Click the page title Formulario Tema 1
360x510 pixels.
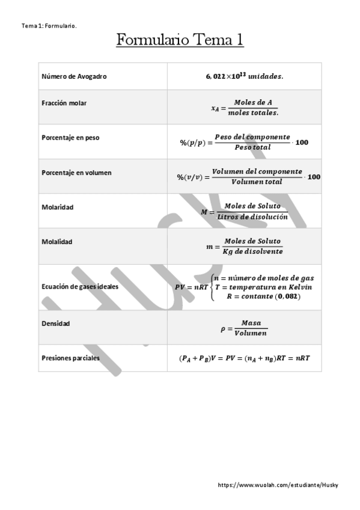(x=180, y=40)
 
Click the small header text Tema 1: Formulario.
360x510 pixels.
(x=49, y=26)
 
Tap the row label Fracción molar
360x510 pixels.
(x=64, y=103)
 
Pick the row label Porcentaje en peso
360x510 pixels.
(x=71, y=138)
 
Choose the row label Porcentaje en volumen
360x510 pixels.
(x=76, y=173)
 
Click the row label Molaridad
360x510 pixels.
(x=58, y=207)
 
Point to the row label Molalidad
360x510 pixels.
(x=57, y=242)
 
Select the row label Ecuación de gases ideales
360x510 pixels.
(x=80, y=287)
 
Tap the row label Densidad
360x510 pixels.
(x=56, y=324)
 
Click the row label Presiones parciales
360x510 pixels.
(x=71, y=358)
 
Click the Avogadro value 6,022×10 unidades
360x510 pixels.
(x=244, y=76)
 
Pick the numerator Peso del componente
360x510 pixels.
(x=252, y=137)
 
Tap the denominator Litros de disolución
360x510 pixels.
(x=252, y=217)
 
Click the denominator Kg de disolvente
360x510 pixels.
(x=252, y=251)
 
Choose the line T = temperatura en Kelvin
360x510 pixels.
(x=263, y=287)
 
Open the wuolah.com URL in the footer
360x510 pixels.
(x=278, y=485)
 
